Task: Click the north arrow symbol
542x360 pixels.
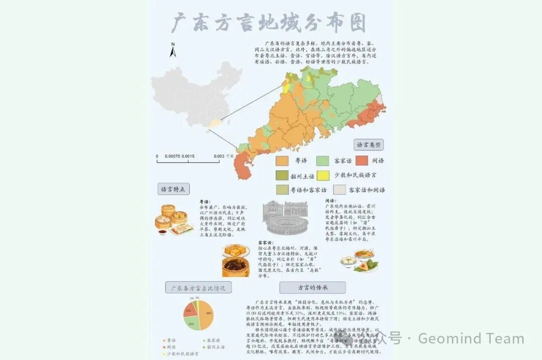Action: pyautogui.click(x=173, y=50)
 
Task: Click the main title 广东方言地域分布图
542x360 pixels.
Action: pyautogui.click(x=269, y=23)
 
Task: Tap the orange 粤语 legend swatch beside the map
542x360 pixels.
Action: pyautogui.click(x=282, y=161)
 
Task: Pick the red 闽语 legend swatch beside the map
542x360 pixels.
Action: pyautogui.click(x=364, y=161)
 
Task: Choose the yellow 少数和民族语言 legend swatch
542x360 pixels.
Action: pyautogui.click(x=323, y=175)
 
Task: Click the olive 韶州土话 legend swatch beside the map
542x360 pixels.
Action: pyautogui.click(x=282, y=175)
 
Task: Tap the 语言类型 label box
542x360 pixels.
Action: pyautogui.click(x=369, y=145)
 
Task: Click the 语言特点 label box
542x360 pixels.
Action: pyautogui.click(x=173, y=190)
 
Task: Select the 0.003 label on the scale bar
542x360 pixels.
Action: pyautogui.click(x=218, y=156)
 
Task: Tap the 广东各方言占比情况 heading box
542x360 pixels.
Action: pyautogui.click(x=198, y=288)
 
